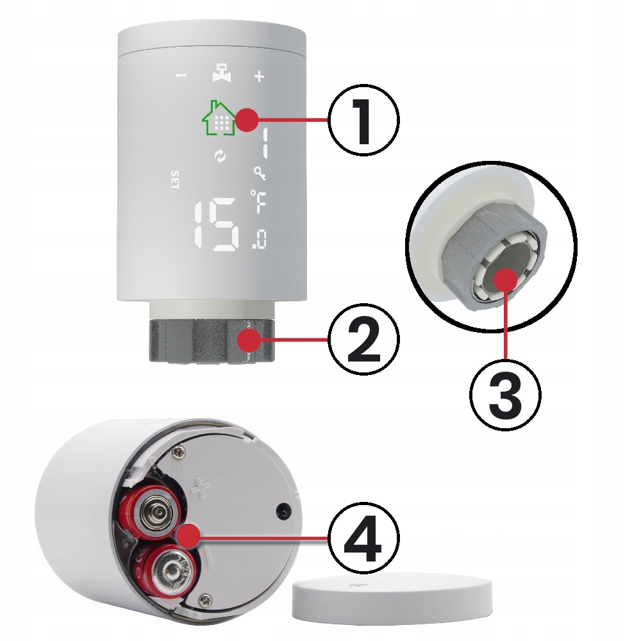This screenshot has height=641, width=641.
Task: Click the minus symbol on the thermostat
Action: pyautogui.click(x=181, y=76)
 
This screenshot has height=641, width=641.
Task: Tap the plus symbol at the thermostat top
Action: pyautogui.click(x=259, y=76)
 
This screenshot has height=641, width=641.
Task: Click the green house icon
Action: pyautogui.click(x=219, y=117)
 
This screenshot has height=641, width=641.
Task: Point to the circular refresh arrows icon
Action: pyautogui.click(x=221, y=156)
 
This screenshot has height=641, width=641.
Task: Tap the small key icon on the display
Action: pyautogui.click(x=260, y=173)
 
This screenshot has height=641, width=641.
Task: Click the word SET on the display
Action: pyautogui.click(x=174, y=180)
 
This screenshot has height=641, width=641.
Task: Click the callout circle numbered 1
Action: pyautogui.click(x=363, y=119)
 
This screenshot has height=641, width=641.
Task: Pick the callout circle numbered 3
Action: pyautogui.click(x=505, y=395)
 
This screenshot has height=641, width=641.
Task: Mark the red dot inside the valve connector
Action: pyautogui.click(x=506, y=280)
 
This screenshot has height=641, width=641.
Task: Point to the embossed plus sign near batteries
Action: pyautogui.click(x=201, y=487)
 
